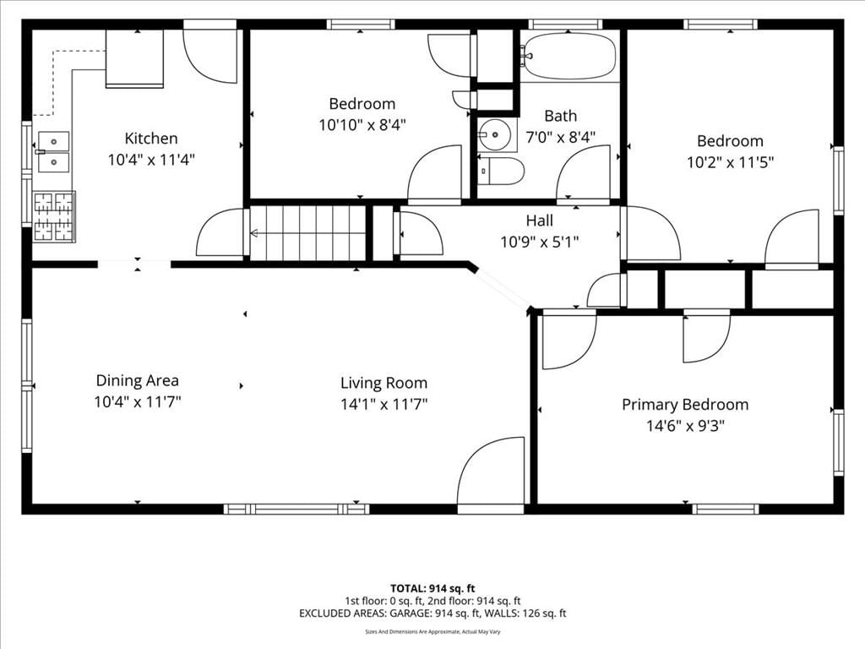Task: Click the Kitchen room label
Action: coord(150,139)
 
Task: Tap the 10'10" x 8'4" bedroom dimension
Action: coord(362,125)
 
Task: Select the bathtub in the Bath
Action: coord(569,57)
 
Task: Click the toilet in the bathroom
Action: coord(500,171)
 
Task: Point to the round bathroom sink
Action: coord(495,134)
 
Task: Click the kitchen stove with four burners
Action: coord(54,216)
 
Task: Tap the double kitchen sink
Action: coord(53,152)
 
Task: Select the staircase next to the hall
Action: coord(308,232)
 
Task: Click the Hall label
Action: coord(539,221)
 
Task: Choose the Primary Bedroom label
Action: coord(685,405)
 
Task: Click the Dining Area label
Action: coord(138,381)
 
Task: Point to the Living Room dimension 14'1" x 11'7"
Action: coord(384,405)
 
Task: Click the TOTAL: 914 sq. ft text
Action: coord(432,588)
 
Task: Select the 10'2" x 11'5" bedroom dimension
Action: coord(730,162)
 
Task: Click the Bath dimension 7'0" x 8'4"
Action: coord(561,137)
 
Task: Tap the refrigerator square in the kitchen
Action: coord(134,58)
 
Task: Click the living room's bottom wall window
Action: coord(296,509)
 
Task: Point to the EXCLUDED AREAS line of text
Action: coord(432,614)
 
